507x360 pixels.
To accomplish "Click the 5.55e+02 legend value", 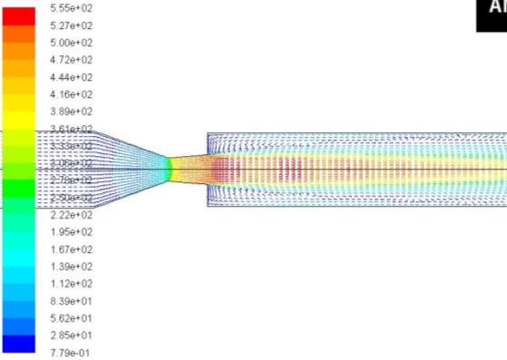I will (x=71, y=8).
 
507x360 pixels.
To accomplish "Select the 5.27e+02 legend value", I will (x=71, y=25).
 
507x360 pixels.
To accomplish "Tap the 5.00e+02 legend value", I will (x=71, y=43).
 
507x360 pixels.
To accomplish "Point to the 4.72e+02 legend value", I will (x=71, y=60).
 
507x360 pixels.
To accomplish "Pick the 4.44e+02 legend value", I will (x=71, y=77).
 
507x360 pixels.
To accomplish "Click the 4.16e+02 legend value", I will (x=71, y=94).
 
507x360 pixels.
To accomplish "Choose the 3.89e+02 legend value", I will (x=71, y=112).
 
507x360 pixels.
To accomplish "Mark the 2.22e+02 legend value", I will (x=71, y=215).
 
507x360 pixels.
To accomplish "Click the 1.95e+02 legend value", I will (x=71, y=232).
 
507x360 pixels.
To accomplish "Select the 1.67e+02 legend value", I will (x=71, y=249).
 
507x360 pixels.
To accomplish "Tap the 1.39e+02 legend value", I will (x=71, y=267).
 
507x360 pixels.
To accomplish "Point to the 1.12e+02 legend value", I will (x=71, y=284).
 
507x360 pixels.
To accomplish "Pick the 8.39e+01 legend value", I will (x=71, y=301).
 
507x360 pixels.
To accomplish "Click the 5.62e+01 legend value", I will (x=71, y=318).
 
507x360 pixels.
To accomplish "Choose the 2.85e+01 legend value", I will (x=71, y=336).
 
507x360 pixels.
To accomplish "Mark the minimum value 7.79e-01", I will (x=71, y=353).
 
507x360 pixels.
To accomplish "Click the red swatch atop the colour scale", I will (x=18, y=13).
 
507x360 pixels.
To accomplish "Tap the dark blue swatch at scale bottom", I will (x=18, y=344).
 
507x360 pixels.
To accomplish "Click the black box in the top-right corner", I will (x=492, y=14).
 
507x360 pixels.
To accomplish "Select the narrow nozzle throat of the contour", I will (x=169, y=169).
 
